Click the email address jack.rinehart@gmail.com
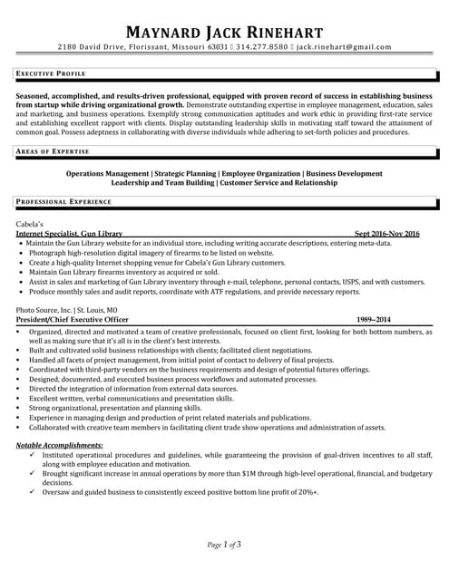click(x=345, y=46)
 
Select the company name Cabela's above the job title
click(x=30, y=223)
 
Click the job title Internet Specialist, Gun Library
click(x=69, y=234)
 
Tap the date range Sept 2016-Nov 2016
click(x=387, y=234)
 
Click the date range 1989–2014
click(x=374, y=320)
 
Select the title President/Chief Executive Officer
click(x=73, y=320)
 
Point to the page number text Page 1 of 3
click(x=224, y=545)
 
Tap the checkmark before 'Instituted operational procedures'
click(x=33, y=455)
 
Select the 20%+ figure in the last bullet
click(x=307, y=493)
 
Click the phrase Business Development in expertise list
click(x=344, y=172)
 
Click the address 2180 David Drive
click(x=92, y=46)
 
